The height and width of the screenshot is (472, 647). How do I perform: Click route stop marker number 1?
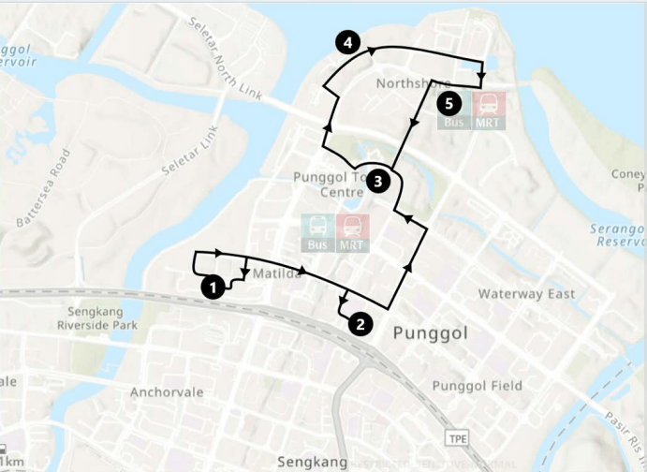click(x=213, y=287)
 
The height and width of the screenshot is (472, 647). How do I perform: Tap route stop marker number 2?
click(x=360, y=324)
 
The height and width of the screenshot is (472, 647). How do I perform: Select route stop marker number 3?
click(x=377, y=180)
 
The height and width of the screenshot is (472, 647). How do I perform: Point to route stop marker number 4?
click(x=346, y=42)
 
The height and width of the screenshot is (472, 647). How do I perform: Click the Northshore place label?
click(x=407, y=83)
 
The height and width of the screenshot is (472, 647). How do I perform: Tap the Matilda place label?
click(x=277, y=273)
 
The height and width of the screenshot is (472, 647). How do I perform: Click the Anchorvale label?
click(x=167, y=391)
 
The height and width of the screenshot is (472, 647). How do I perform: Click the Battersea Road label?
click(x=44, y=188)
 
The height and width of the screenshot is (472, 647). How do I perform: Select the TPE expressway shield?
click(x=457, y=438)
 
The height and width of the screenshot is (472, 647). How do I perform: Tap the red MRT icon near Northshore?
click(x=488, y=110)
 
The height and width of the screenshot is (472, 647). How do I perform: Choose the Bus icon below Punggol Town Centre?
click(x=316, y=233)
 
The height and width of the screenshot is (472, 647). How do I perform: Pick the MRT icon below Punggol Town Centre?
click(x=352, y=233)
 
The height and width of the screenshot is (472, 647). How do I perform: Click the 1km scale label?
click(x=12, y=463)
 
